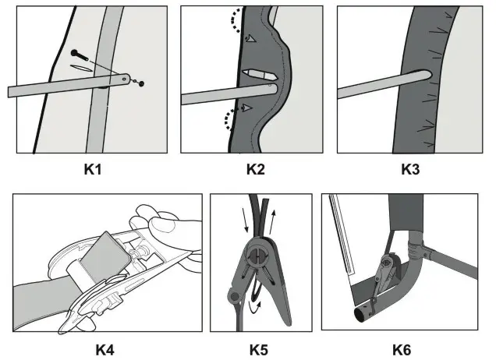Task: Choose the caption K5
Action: (x=260, y=348)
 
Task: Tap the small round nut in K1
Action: (x=141, y=83)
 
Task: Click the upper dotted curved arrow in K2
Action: (x=234, y=23)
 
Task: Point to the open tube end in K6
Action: (x=363, y=316)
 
